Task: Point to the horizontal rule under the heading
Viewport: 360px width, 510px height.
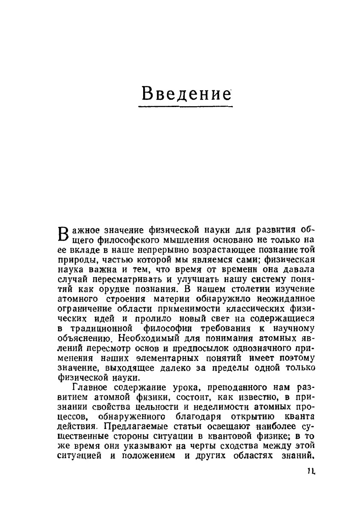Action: [x=187, y=106]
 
